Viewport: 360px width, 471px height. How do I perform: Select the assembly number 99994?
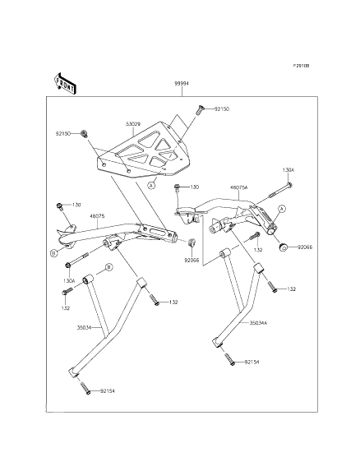(182, 84)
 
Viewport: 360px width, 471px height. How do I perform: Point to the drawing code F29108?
(301, 66)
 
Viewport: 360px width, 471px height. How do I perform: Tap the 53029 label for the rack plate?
(134, 124)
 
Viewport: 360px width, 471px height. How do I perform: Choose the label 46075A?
(239, 187)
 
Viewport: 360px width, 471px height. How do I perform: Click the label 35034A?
(258, 323)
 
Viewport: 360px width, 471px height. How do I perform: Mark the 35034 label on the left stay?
(84, 327)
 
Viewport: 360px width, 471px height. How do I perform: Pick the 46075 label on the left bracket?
(97, 216)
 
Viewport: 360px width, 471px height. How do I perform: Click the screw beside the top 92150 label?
(200, 110)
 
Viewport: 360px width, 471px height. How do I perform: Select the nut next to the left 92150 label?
(84, 134)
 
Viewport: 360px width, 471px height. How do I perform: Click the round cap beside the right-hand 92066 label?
(283, 247)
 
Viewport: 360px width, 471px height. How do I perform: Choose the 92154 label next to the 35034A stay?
(252, 362)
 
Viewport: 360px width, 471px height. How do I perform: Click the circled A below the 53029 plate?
(152, 185)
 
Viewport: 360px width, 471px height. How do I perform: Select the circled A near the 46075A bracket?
(281, 209)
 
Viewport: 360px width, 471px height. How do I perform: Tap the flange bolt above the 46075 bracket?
(59, 206)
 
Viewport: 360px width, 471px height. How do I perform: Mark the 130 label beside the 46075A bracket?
(194, 187)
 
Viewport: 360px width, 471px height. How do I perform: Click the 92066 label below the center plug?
(192, 261)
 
